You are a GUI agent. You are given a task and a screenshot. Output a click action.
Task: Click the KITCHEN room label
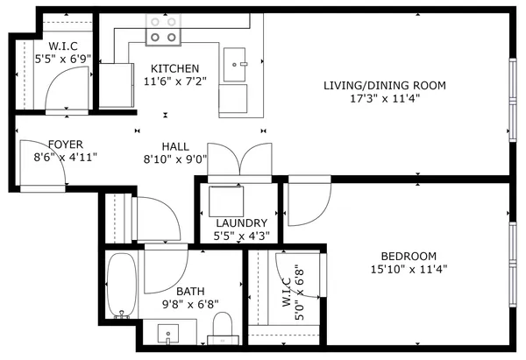pos(174,69)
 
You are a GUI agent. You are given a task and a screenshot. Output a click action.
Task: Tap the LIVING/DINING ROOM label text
pos(385,85)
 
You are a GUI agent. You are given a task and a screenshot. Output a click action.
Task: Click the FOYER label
pos(66,145)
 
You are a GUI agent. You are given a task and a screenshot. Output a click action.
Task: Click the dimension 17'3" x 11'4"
pos(385,98)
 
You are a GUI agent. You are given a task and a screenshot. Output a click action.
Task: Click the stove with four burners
pos(163,31)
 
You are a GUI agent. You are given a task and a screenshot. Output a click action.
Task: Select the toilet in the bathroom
pos(224,328)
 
